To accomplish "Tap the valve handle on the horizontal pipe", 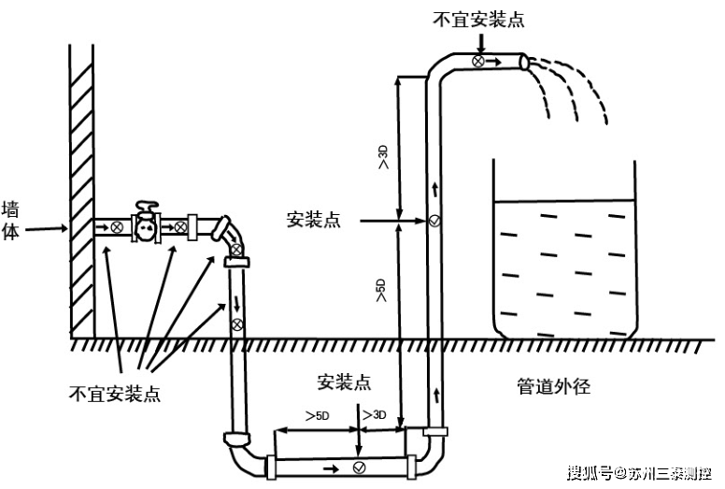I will (x=145, y=207).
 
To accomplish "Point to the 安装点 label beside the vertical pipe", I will (x=313, y=221).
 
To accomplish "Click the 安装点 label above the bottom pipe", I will (x=344, y=382).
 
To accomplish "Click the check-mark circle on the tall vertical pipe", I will (x=434, y=223).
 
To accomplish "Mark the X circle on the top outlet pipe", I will (x=477, y=62).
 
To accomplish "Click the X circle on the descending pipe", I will (x=237, y=324).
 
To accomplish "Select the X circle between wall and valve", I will (x=116, y=227).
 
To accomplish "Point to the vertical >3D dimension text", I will (x=383, y=157).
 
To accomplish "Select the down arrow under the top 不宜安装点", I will (x=479, y=42).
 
